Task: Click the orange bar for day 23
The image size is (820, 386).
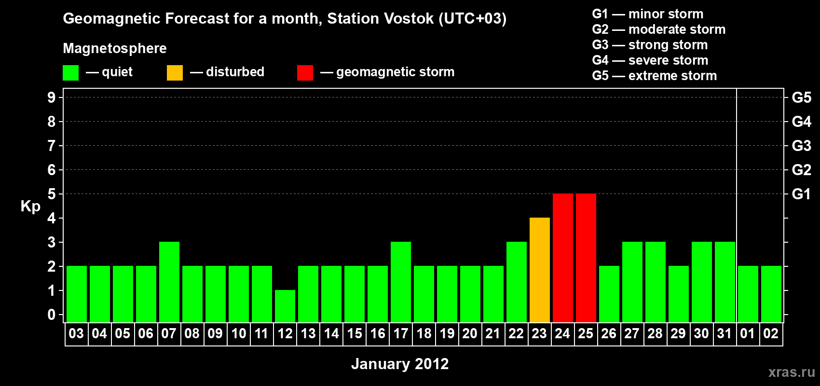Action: [x=540, y=270]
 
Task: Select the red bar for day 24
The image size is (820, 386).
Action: [x=563, y=258]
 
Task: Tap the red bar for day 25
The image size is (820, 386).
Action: [x=586, y=258]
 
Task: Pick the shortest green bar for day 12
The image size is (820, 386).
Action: [x=285, y=306]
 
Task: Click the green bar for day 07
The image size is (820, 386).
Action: [x=169, y=282]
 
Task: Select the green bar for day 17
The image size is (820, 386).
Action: [x=401, y=282]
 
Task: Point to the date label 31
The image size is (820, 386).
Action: [x=724, y=333]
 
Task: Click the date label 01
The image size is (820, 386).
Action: [x=748, y=333]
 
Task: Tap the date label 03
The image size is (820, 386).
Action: [x=77, y=333]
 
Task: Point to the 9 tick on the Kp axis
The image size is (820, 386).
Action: [x=51, y=97]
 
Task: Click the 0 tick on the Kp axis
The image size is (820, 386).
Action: [x=51, y=315]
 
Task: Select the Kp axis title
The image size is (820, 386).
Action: [x=30, y=207]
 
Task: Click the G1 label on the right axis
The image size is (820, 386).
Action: [x=801, y=194]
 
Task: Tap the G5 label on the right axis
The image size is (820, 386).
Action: [x=801, y=97]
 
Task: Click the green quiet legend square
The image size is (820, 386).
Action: [x=70, y=72]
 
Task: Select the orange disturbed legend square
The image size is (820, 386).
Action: [x=175, y=72]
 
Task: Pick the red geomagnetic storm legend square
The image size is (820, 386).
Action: [x=305, y=72]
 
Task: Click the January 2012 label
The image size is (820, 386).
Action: [x=400, y=364]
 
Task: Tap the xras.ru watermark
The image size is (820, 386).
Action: [x=792, y=372]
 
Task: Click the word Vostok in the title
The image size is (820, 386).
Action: [x=409, y=18]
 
